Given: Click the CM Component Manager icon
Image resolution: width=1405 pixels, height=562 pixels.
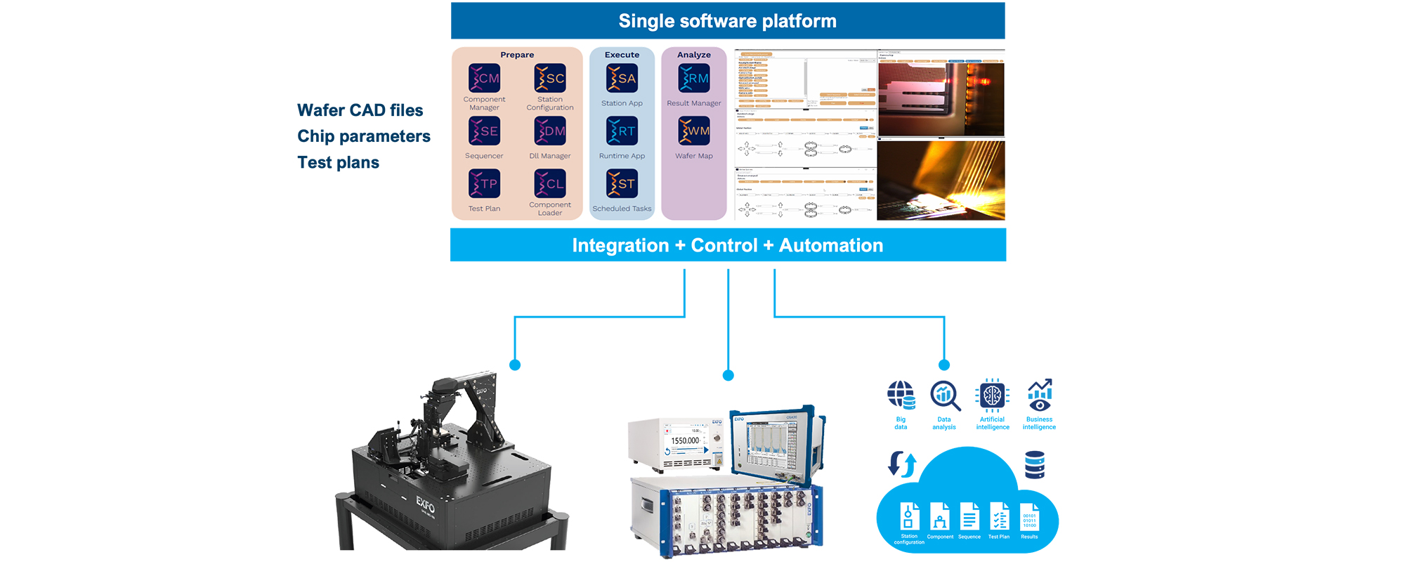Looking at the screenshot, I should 484,79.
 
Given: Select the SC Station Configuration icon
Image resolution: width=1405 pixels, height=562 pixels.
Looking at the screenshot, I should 550,79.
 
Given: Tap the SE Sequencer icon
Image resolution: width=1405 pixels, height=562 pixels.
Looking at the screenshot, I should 484,131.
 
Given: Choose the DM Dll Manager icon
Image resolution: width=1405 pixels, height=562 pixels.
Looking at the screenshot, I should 550,131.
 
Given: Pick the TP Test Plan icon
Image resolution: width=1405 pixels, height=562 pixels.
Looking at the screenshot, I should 484,184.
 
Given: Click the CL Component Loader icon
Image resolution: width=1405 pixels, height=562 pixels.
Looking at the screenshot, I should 550,184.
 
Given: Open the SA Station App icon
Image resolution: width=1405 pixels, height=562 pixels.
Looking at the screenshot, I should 622,79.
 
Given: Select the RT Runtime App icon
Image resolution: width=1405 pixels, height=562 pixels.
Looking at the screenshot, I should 622,131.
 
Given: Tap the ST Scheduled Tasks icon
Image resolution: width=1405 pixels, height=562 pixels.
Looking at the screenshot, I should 622,184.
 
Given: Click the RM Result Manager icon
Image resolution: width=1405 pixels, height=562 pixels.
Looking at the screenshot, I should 694,79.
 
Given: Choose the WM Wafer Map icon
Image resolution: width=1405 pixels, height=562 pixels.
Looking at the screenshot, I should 694,131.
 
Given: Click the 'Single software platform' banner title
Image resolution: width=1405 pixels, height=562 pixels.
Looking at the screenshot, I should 727,21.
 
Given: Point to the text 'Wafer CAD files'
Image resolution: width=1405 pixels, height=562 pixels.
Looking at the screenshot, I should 360,110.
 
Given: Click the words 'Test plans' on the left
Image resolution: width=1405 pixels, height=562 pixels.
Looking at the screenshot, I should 338,162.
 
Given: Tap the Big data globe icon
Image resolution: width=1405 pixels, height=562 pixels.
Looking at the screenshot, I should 901,396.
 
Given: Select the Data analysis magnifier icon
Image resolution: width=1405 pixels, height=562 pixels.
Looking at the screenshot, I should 944,396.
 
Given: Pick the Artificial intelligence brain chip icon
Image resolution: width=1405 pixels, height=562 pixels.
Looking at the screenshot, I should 992,396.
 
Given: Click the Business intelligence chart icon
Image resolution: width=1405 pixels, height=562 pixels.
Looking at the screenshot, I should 1039,396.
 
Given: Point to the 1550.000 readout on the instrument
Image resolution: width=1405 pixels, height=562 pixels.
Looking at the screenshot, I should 684,441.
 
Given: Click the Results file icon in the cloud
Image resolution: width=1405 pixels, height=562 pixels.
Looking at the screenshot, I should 1029,518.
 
